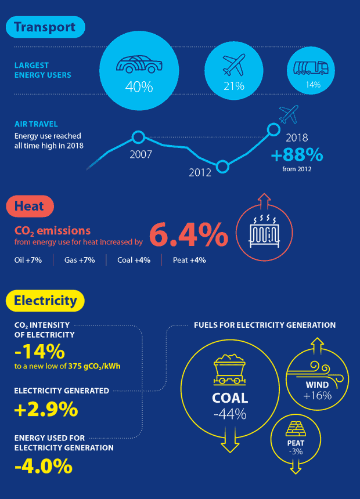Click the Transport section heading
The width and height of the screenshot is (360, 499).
pyautogui.click(x=45, y=27)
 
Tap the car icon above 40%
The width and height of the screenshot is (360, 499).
pyautogui.click(x=139, y=64)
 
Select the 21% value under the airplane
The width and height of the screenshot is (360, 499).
pyautogui.click(x=235, y=86)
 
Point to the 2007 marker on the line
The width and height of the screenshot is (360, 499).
pyautogui.click(x=138, y=138)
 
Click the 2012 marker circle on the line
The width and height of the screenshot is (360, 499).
pyautogui.click(x=222, y=167)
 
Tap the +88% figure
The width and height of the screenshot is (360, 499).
pyautogui.click(x=297, y=156)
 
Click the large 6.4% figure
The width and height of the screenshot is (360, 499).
pyautogui.click(x=188, y=235)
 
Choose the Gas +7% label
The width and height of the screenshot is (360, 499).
pyautogui.click(x=80, y=260)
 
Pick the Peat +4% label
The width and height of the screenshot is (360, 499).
pyautogui.click(x=189, y=260)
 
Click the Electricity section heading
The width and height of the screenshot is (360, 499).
pyautogui.click(x=45, y=301)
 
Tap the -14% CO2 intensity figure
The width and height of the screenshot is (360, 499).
pyautogui.click(x=39, y=352)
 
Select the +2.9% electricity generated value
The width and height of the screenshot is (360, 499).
pyautogui.click(x=46, y=409)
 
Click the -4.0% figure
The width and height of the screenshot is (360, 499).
pyautogui.click(x=43, y=465)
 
